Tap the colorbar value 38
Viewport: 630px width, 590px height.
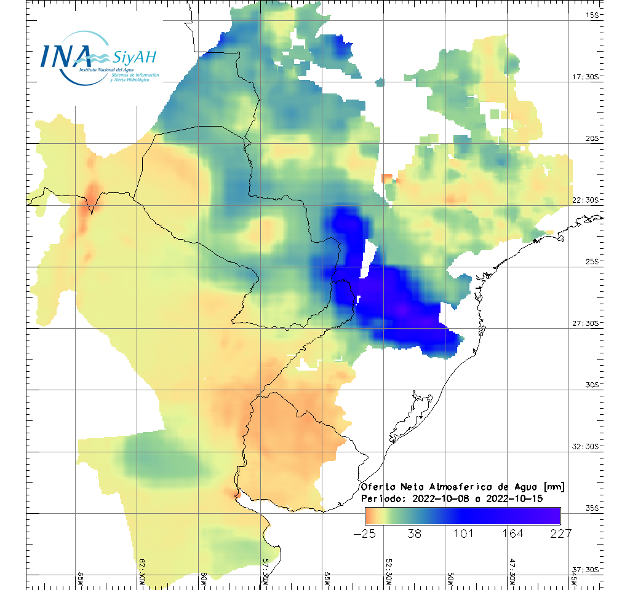(x=414, y=533)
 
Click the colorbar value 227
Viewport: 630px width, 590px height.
(x=560, y=533)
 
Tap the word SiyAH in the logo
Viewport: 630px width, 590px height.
(x=134, y=58)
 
